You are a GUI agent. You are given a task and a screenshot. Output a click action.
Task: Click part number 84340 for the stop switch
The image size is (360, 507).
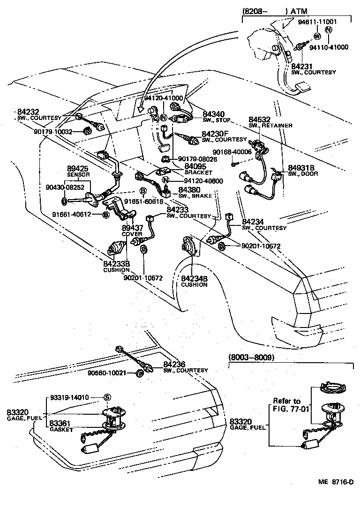(213, 114)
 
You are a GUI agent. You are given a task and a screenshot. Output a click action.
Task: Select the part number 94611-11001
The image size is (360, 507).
(324, 22)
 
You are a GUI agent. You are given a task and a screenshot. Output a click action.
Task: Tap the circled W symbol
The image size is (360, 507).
(317, 36)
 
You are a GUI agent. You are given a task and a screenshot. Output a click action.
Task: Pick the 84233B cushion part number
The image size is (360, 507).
(117, 264)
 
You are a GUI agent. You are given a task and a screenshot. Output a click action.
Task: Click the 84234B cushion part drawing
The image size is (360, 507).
(187, 246)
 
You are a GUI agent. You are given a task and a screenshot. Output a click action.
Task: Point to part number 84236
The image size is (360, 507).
(175, 364)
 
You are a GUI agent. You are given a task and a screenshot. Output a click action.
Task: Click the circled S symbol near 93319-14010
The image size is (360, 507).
(106, 397)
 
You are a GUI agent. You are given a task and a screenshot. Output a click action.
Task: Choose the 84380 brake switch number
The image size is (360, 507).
(189, 190)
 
